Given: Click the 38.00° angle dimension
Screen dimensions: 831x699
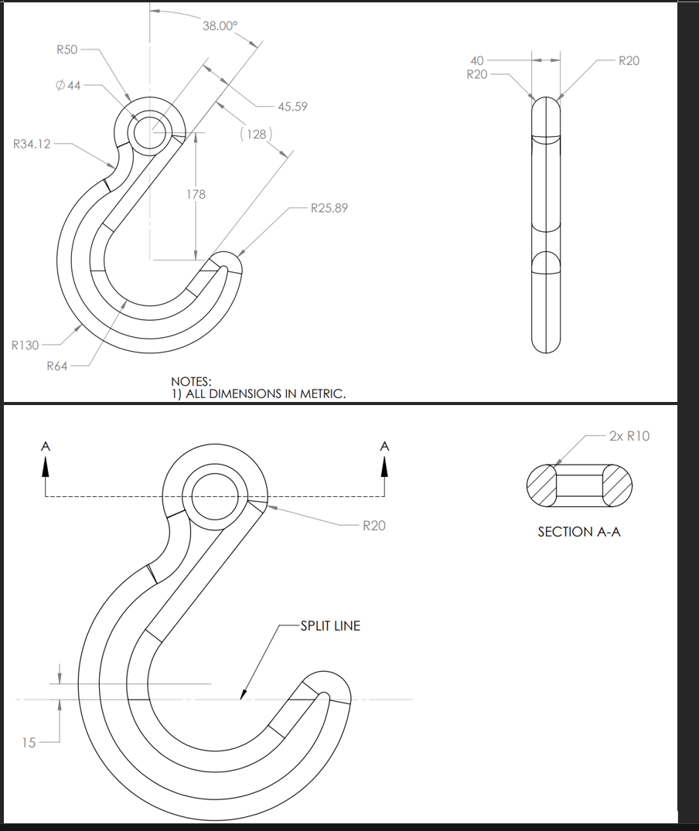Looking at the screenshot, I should (220, 26).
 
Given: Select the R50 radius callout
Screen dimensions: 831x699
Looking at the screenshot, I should (67, 49).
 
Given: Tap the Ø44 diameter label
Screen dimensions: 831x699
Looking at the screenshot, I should (68, 85).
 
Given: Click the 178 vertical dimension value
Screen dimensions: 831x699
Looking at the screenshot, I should (196, 194).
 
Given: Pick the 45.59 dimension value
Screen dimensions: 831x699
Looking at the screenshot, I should (292, 107).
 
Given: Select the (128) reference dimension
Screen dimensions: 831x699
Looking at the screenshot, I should (254, 135).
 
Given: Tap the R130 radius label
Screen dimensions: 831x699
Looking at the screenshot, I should (26, 345).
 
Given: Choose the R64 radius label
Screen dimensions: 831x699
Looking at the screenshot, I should (57, 366).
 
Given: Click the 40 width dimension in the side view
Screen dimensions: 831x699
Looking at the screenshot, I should (477, 60).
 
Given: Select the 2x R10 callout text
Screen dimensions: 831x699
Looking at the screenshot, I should (629, 436).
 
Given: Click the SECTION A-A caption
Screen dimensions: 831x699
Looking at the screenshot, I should (579, 532).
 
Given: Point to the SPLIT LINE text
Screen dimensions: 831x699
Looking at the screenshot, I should (330, 625).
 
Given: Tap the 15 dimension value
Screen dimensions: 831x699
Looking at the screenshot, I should (29, 743).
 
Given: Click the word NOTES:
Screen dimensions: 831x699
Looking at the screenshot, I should (191, 381).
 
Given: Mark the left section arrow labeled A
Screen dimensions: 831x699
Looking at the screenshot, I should (46, 461).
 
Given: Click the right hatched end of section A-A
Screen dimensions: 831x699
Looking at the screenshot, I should (616, 485).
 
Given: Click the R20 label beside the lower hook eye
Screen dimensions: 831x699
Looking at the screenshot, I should (374, 526).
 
